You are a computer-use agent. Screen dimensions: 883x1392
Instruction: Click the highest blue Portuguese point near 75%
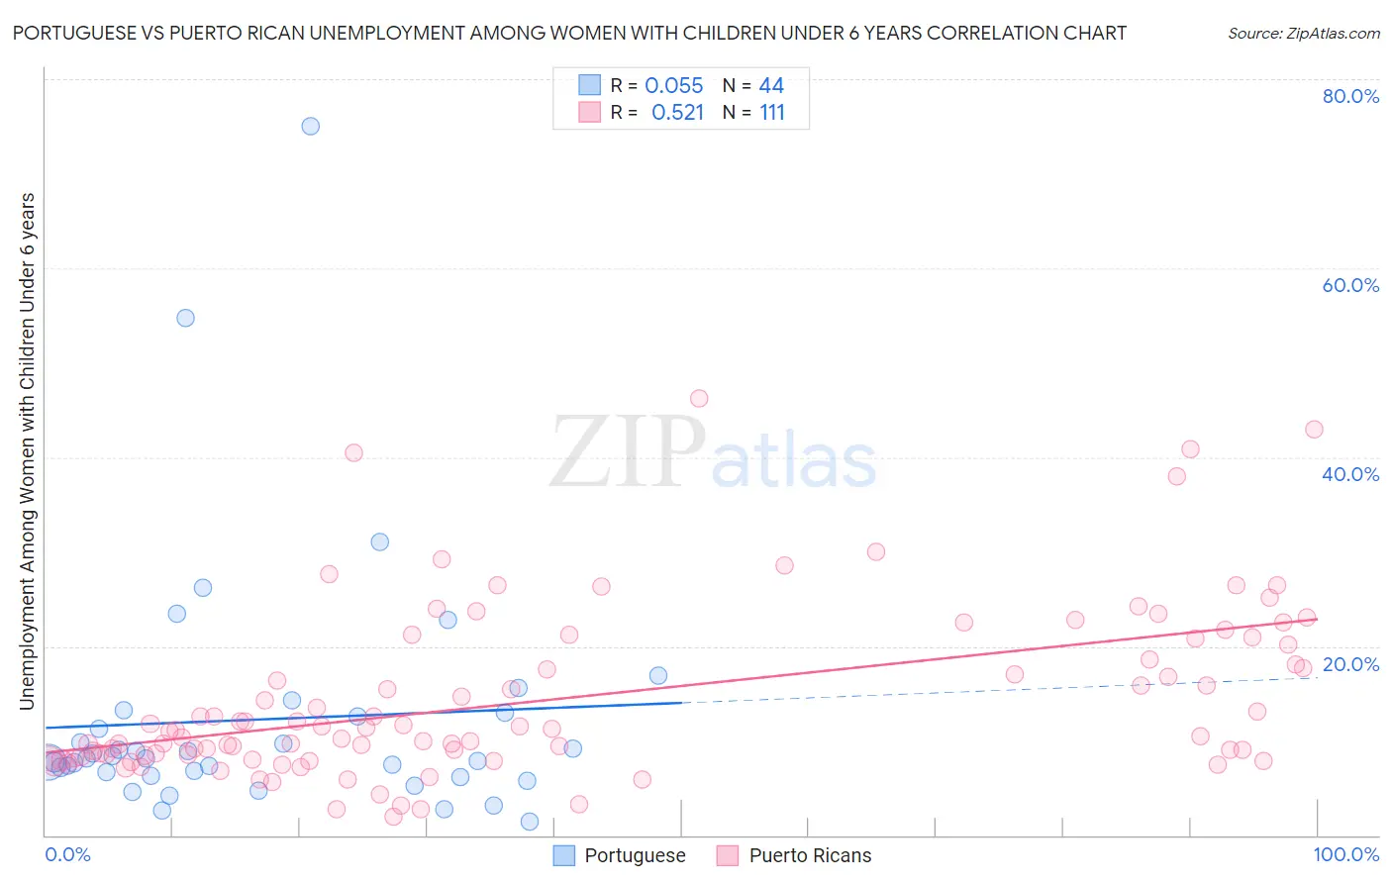point(310,126)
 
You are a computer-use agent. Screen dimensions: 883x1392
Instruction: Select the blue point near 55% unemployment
point(185,318)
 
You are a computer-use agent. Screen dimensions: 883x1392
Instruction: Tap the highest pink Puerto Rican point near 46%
point(699,398)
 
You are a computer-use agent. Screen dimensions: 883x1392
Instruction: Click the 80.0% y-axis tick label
point(1350,96)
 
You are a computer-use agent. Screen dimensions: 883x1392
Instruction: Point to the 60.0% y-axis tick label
point(1350,285)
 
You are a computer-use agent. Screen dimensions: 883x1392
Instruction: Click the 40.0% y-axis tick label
point(1350,474)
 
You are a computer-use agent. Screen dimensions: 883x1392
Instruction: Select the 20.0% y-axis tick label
point(1350,664)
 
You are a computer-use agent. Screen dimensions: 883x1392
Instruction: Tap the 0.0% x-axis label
point(67,854)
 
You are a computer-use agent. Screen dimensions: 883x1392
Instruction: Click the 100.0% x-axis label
point(1345,854)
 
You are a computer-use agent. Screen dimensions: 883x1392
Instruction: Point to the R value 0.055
point(674,86)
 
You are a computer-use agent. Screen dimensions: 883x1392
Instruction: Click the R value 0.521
point(677,113)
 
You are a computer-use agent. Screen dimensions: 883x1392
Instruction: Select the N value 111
point(772,113)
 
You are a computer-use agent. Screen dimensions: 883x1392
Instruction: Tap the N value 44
point(771,86)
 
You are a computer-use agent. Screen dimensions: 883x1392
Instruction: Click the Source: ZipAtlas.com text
point(1303,34)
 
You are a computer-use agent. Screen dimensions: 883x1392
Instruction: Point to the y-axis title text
point(28,451)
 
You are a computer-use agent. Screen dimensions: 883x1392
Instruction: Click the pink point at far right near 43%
point(1314,429)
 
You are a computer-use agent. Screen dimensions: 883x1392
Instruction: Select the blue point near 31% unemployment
point(379,541)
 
